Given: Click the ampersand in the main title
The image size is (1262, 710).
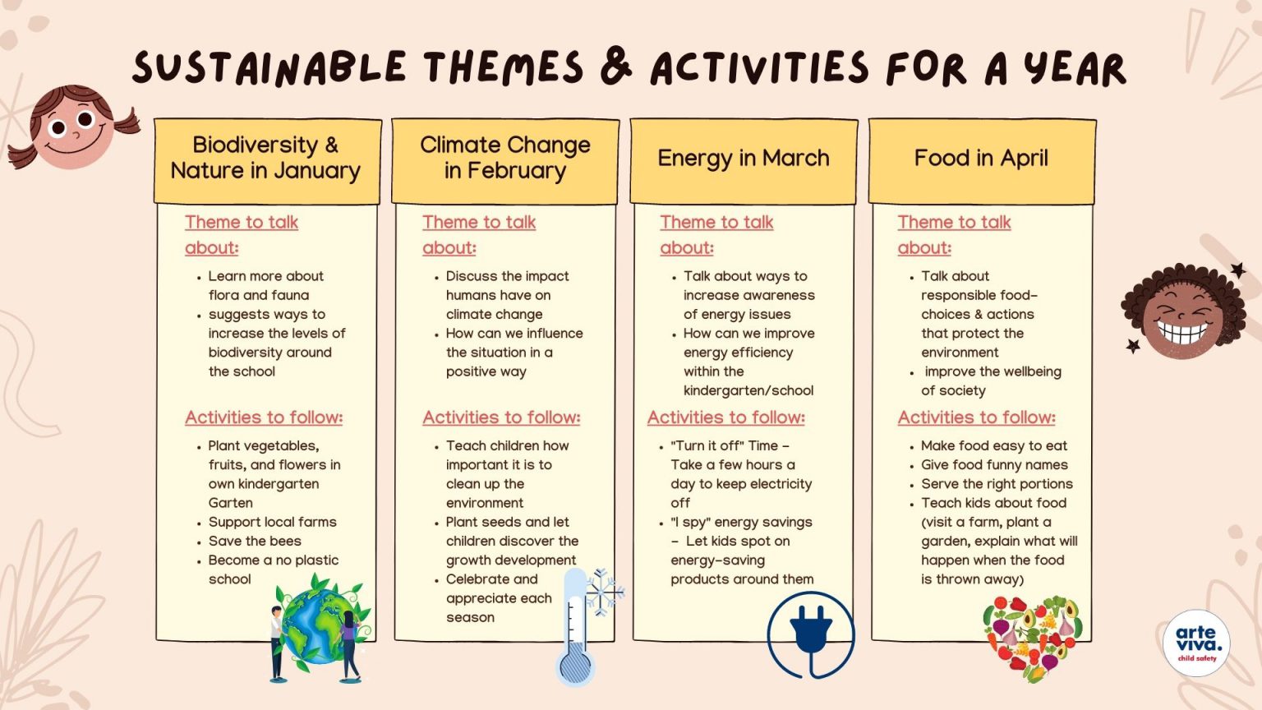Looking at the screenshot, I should point(616,66).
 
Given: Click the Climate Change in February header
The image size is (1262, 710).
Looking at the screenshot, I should point(504,159).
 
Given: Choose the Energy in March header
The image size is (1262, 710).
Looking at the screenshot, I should point(744,159).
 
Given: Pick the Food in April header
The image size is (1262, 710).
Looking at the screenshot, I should point(981,159).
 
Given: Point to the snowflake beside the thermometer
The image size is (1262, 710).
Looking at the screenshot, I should point(605,590).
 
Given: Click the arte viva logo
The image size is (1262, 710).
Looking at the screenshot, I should point(1197,643).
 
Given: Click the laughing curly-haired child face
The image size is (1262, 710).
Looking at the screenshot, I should point(1183,312).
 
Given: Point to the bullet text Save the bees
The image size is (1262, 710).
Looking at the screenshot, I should point(255,542).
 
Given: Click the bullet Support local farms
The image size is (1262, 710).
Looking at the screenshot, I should point(272,523).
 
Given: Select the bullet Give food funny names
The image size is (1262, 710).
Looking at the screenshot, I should point(994,465).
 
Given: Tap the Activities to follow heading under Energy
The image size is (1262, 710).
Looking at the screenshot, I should point(726,417).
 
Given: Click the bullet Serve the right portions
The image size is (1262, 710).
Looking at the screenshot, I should point(997,484).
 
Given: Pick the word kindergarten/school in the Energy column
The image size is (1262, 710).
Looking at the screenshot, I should point(748,391).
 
